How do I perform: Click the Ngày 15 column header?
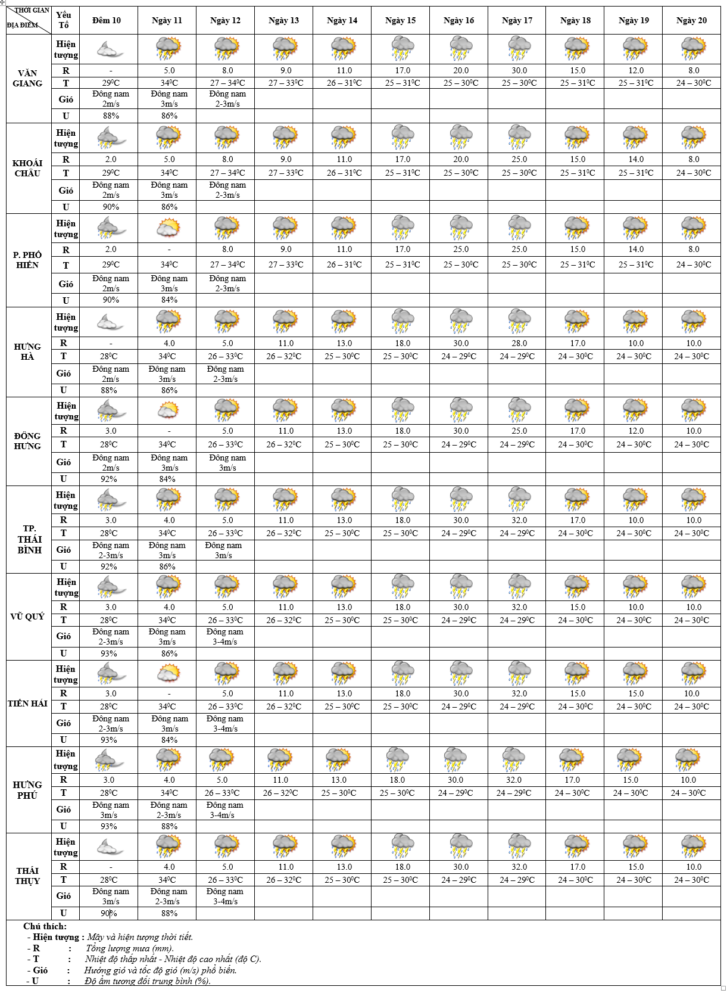pos(400,20)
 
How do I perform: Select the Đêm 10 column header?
pos(107,20)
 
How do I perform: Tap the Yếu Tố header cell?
pos(64,20)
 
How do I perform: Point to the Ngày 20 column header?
pos(691,20)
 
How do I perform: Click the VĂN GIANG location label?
pos(27,78)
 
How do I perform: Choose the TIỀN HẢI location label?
pos(27,703)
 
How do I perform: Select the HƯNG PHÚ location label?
pos(27,790)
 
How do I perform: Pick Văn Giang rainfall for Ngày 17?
pos(519,70)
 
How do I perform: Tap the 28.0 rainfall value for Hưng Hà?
pos(519,343)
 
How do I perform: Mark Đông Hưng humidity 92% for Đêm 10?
pos(109,479)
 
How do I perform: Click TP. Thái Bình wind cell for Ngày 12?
pos(224,550)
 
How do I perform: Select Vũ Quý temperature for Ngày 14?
pos(342,620)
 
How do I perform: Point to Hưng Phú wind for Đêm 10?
pos(109,810)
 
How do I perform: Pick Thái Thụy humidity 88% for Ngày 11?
pos(169,913)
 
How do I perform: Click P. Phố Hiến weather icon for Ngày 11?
pos(168,228)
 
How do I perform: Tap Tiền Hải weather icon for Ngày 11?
pos(168,674)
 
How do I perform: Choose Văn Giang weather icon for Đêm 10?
pos(108,49)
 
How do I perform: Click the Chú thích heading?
pos(45,926)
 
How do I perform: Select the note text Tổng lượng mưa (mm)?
pos(130,948)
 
